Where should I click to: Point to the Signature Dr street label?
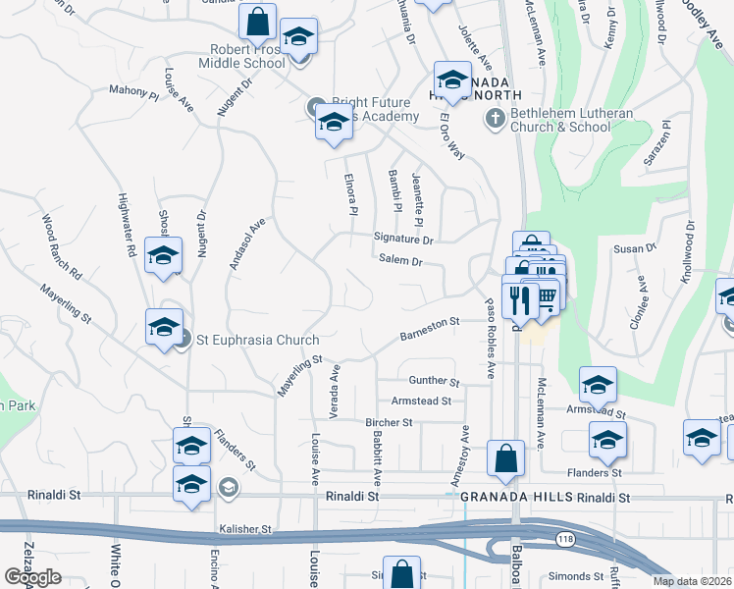pos(403,239)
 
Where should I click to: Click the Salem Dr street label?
pos(400,262)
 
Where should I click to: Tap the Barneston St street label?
pos(430,328)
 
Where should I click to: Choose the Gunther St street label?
pos(434,381)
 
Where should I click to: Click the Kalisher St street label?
pos(245,528)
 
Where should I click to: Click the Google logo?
pos(32,576)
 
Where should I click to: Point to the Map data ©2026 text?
pos(692,581)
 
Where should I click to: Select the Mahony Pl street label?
pos(133,92)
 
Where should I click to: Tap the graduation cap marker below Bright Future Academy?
pos(334,125)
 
